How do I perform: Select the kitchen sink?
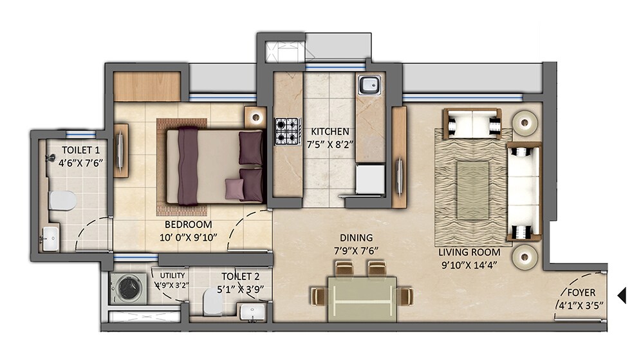(369, 86)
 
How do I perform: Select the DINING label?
(357, 238)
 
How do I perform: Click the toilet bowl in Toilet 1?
(63, 201)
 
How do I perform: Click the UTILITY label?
(172, 275)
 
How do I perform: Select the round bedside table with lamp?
(255, 117)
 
